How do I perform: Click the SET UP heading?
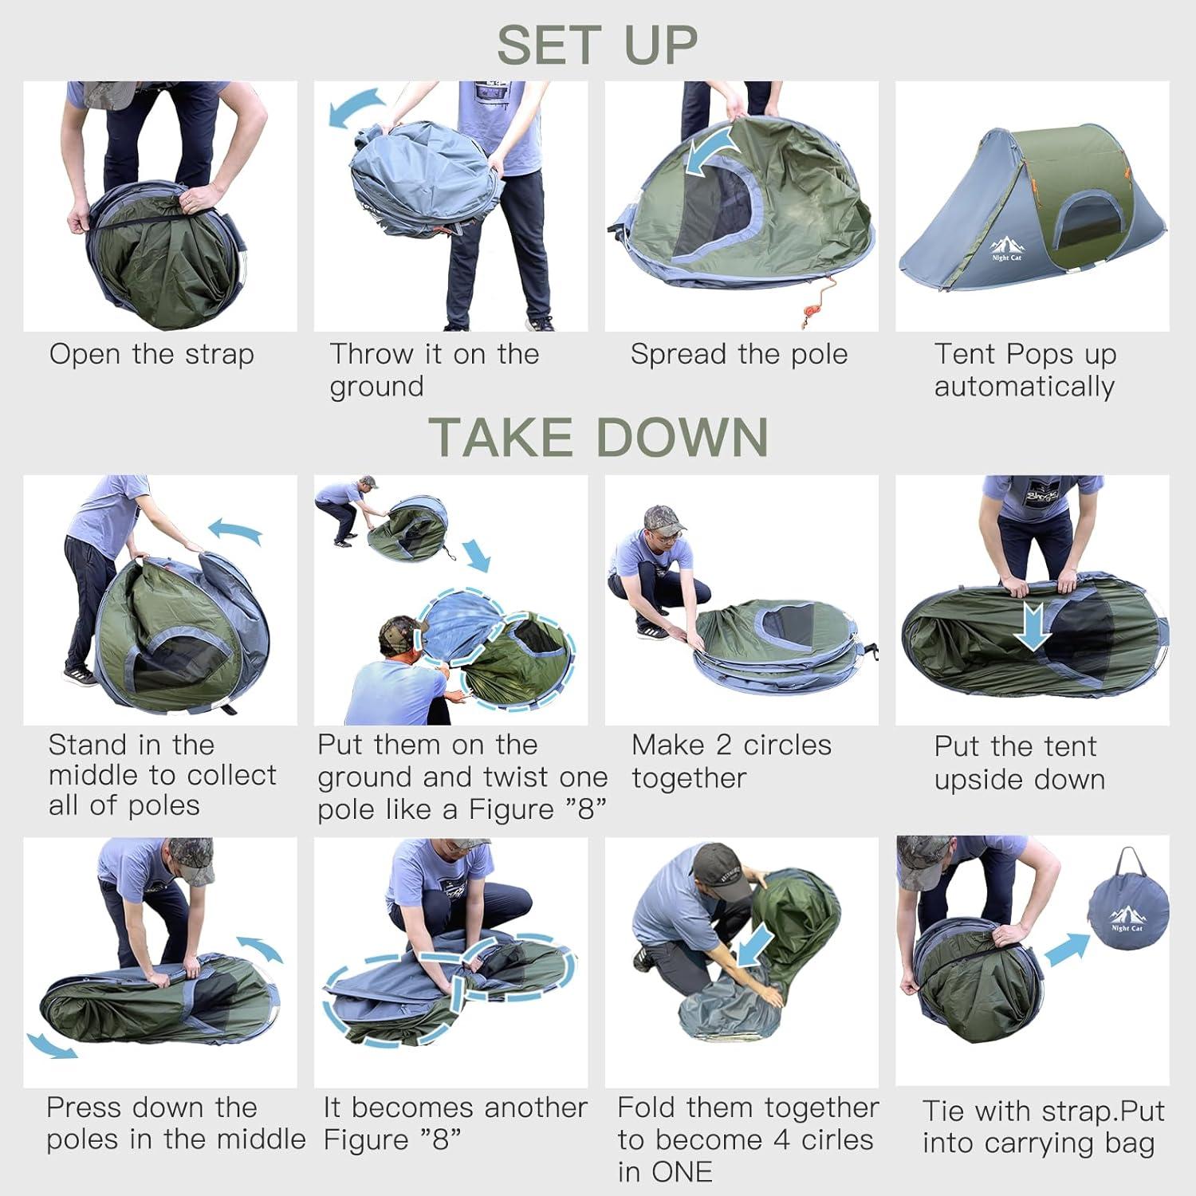point(597,45)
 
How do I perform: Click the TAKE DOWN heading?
point(599,437)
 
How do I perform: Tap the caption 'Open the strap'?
point(151,354)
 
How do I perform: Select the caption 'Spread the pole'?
point(739,354)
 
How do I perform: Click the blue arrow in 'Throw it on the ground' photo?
point(356,108)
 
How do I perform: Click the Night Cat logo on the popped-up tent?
point(1005,250)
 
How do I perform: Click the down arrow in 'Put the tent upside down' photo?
point(1034,625)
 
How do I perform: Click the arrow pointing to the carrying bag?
point(1067,950)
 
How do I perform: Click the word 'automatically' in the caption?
point(1024,387)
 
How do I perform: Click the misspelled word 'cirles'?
point(837,1139)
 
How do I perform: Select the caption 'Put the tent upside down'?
point(1019,762)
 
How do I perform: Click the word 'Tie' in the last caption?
point(944,1111)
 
